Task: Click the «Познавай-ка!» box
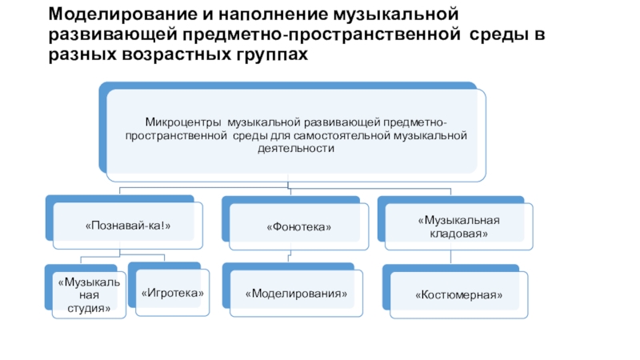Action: [128, 228]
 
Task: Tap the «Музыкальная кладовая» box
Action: [458, 226]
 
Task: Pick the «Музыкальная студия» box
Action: [89, 295]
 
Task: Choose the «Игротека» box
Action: [172, 294]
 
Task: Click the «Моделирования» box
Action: [298, 294]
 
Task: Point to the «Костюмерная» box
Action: [459, 295]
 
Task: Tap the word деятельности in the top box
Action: [295, 149]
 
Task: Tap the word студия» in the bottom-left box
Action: [89, 308]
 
